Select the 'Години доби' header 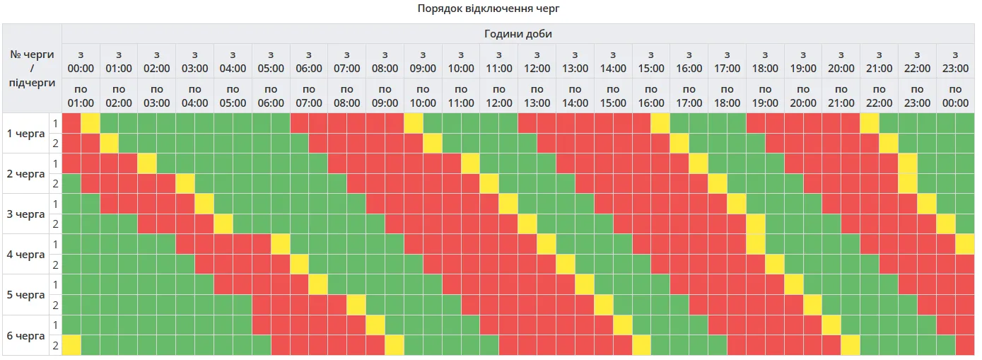point(518,34)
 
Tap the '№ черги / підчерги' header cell point(32,69)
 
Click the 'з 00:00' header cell point(81,62)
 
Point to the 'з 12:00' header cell point(537,62)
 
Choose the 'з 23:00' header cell point(955,62)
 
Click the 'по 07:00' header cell point(309,96)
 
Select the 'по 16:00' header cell point(650,96)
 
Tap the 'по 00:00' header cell point(955,96)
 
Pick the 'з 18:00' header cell point(765,62)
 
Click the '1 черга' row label point(25,134)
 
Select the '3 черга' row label point(25,214)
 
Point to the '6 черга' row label point(25,335)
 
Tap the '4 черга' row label point(25,255)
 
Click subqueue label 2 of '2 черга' point(54,184)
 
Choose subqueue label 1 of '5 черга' point(54,285)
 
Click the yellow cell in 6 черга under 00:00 point(71,346)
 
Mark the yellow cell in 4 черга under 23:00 point(964,245)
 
